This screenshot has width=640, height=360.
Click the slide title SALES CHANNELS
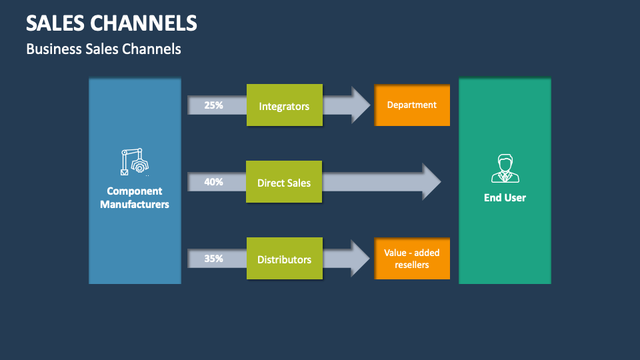tap(111, 23)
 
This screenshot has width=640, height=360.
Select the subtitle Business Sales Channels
tap(103, 49)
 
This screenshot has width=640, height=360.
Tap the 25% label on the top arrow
tap(213, 105)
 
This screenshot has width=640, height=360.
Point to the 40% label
tap(213, 181)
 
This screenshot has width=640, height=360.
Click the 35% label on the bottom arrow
tap(213, 259)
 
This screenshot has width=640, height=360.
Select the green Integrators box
tap(284, 105)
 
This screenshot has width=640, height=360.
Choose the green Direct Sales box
tap(284, 182)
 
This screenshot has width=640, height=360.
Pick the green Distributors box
tap(284, 259)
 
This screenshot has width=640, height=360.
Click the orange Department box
tap(412, 105)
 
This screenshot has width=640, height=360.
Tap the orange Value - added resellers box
tap(412, 259)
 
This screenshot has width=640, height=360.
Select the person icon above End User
tap(505, 168)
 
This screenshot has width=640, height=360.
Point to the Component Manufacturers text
tap(135, 198)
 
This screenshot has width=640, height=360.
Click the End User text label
tap(505, 197)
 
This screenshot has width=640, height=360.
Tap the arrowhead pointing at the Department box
tap(361, 105)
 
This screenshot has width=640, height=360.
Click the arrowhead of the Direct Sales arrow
tap(431, 181)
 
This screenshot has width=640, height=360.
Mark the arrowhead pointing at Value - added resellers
tap(361, 259)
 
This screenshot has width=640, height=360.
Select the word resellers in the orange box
tap(412, 265)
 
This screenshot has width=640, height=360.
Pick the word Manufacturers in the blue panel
tap(135, 205)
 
